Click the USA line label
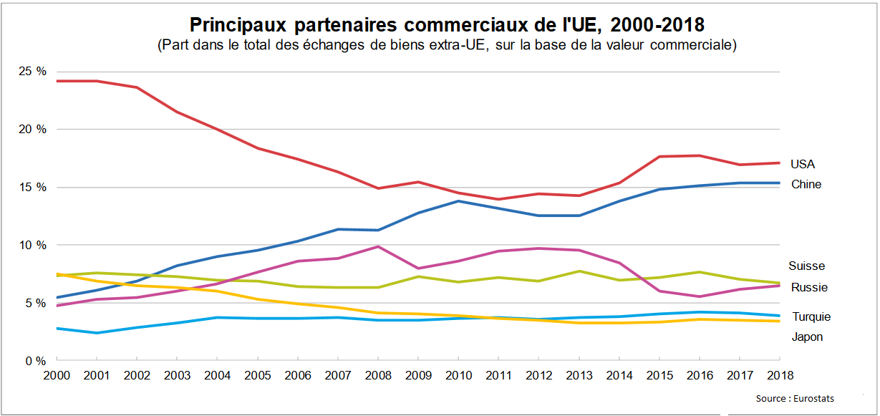click(803, 164)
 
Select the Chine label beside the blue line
click(806, 184)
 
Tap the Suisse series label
click(806, 266)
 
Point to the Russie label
click(809, 287)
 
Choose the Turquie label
click(811, 316)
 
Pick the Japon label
click(807, 337)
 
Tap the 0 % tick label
click(37, 361)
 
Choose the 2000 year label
click(57, 374)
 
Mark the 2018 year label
click(780, 374)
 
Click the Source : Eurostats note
click(795, 398)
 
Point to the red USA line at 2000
click(57, 81)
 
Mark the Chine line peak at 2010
click(458, 201)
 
